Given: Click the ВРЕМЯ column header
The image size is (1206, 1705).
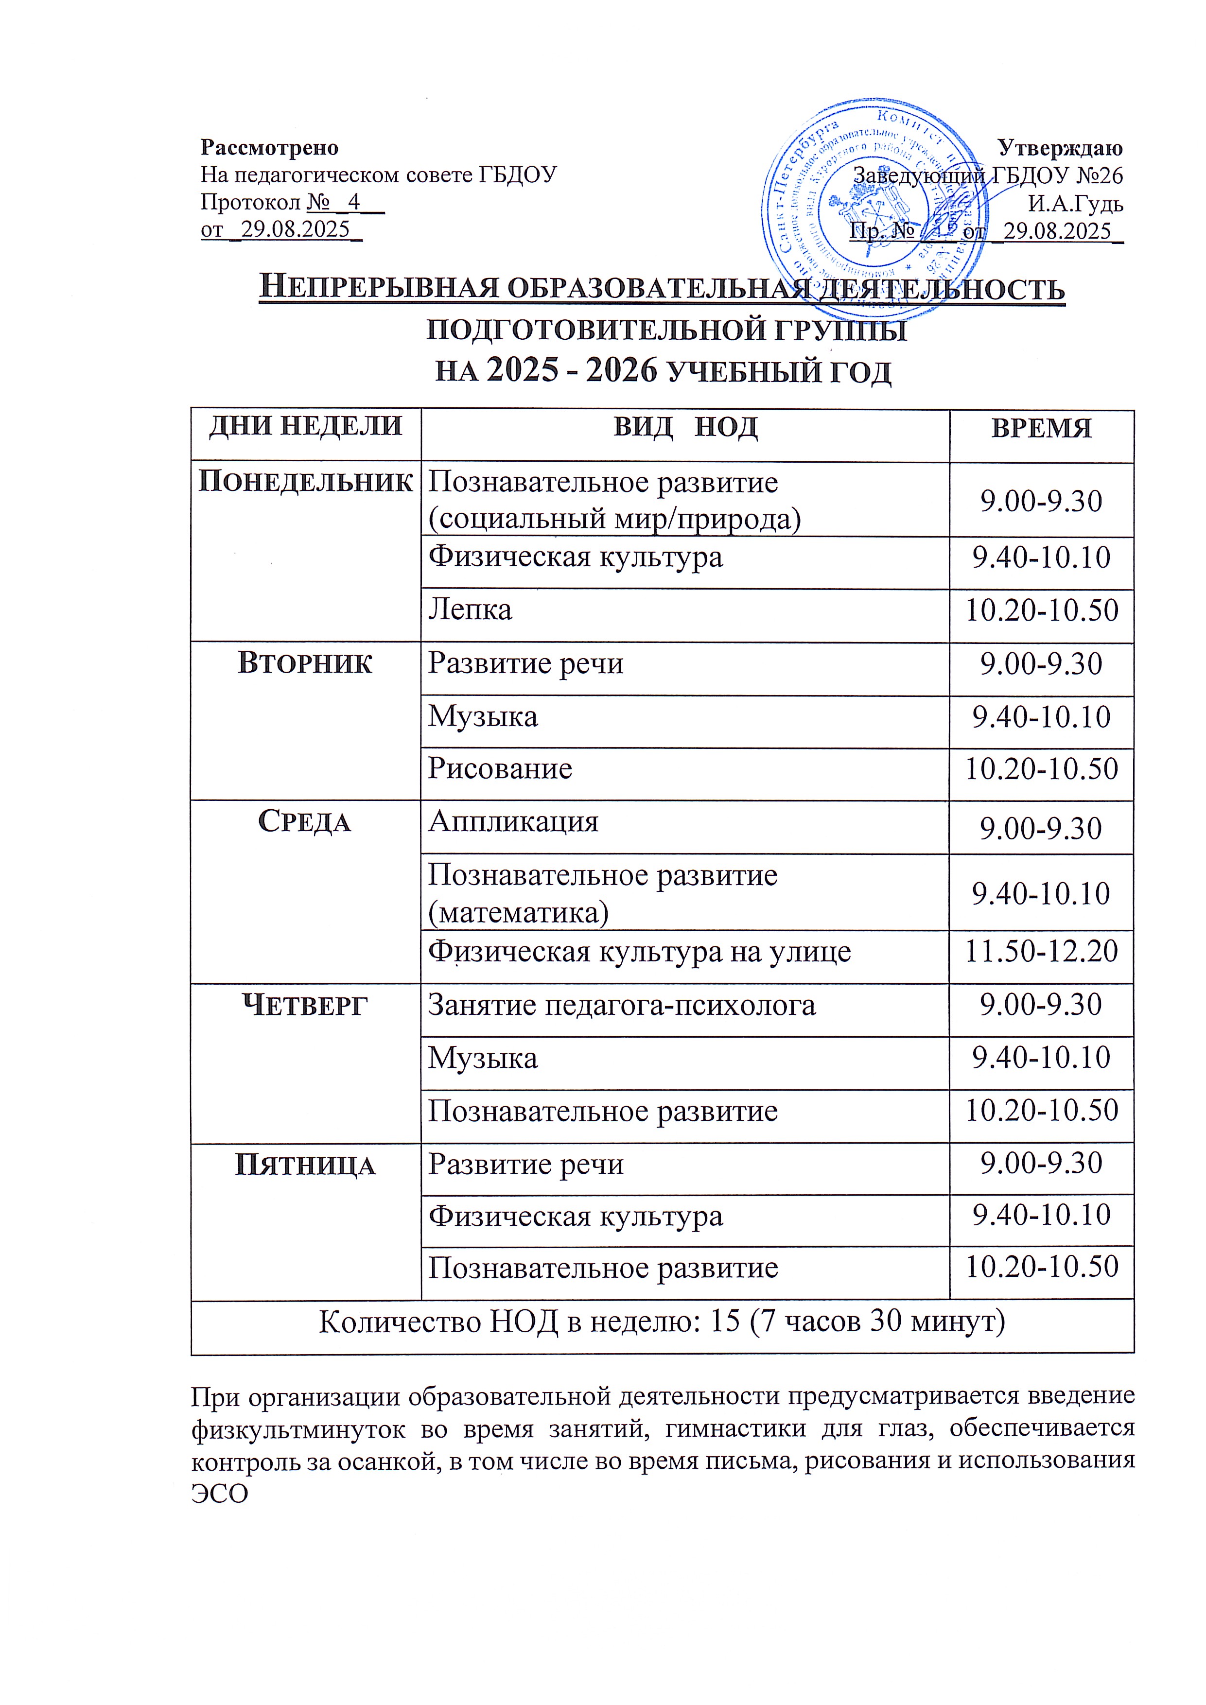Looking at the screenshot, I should (x=1041, y=429).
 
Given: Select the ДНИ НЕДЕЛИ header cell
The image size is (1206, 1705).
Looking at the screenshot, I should (x=305, y=426).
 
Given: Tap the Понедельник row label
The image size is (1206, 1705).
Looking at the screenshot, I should (x=305, y=482).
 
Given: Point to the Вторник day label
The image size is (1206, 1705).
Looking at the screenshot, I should (x=305, y=663).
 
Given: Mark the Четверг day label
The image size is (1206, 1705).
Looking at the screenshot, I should (x=305, y=1006).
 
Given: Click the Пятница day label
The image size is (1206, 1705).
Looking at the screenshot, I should (x=305, y=1165).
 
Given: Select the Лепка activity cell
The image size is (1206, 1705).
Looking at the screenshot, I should (x=470, y=609).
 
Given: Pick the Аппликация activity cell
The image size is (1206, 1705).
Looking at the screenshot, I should (x=513, y=822).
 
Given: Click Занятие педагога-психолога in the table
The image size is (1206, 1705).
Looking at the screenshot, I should (x=622, y=1006).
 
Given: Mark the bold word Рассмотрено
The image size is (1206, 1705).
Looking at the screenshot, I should (x=270, y=148).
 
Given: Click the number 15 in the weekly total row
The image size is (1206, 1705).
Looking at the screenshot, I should (x=726, y=1322).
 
